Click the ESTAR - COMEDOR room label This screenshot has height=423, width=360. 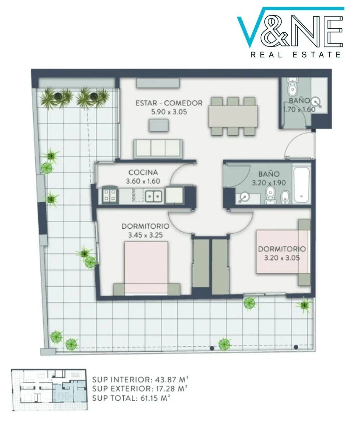(x=169, y=103)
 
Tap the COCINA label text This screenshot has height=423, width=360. (x=143, y=172)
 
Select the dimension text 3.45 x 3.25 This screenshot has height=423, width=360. (x=145, y=235)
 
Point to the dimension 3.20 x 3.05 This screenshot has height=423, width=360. (x=282, y=258)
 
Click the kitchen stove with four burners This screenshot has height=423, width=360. (x=110, y=195)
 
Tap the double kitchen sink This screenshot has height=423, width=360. (x=154, y=197)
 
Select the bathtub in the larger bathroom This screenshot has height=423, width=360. (x=302, y=185)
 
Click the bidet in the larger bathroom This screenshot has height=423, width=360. (x=284, y=197)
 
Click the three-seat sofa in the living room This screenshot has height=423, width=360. (x=158, y=149)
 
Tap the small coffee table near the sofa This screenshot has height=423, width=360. (x=159, y=125)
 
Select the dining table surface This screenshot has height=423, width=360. (x=233, y=116)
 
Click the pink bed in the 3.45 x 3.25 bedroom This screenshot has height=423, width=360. (x=146, y=268)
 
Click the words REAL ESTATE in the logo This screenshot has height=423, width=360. (x=296, y=55)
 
